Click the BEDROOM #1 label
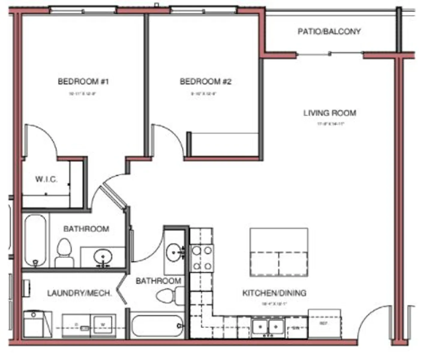pos(83,81)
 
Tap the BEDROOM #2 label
pos(206,81)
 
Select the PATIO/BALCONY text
pos(329,31)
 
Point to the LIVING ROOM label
pos(329,113)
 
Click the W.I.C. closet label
pos(46,179)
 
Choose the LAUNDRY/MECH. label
pos(79,293)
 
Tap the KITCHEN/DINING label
pos(274,293)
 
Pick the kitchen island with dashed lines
pos(279,252)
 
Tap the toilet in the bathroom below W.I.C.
pos(64,253)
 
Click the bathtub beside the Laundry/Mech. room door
pos(157,326)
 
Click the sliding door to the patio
pos(329,54)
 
